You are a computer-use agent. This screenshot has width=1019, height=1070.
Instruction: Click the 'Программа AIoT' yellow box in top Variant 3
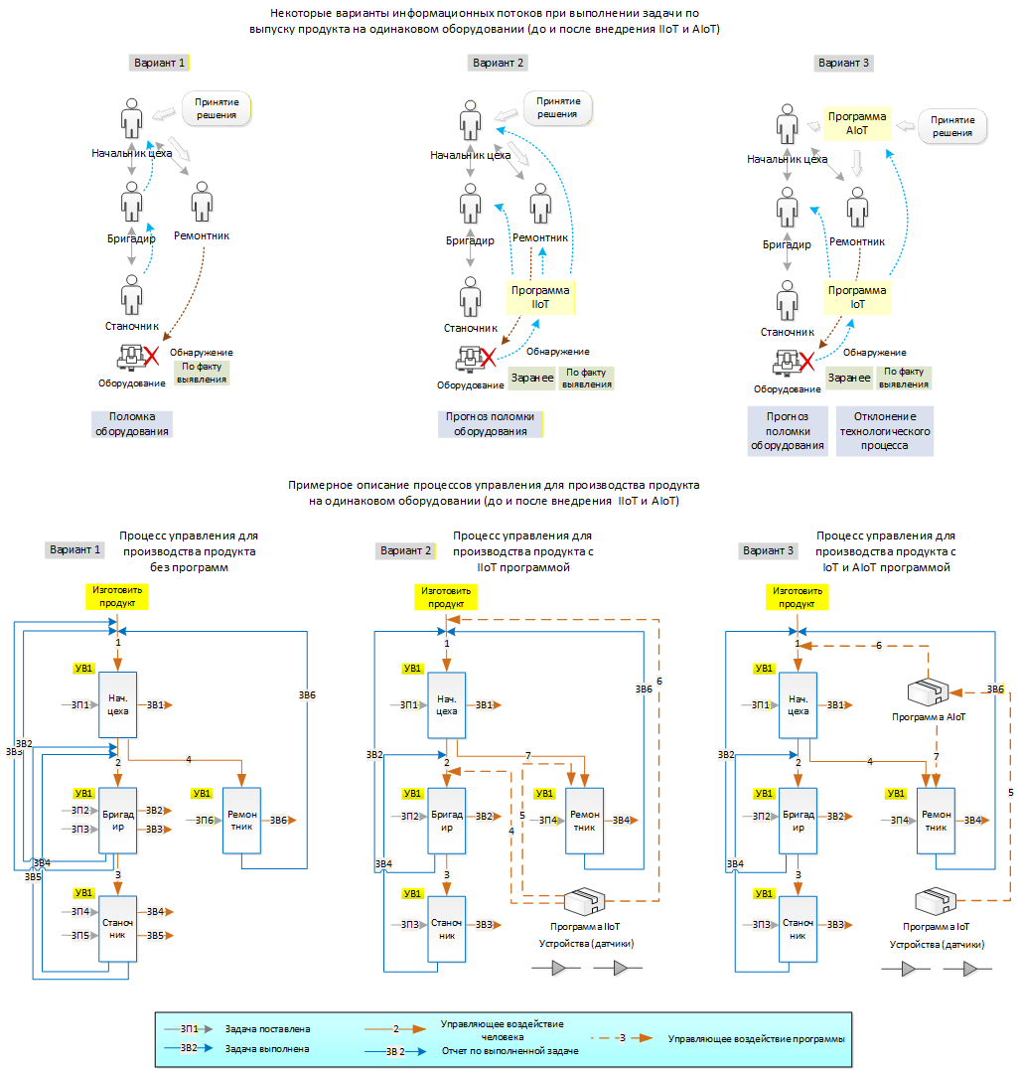tap(857, 123)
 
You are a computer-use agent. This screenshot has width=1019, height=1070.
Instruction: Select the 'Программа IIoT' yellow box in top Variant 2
tap(541, 297)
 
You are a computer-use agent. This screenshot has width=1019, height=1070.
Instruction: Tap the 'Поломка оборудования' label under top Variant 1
tap(132, 424)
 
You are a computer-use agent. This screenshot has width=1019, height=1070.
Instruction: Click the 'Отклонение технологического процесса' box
tap(885, 430)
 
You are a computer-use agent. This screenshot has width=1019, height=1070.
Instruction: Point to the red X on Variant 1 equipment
tap(151, 356)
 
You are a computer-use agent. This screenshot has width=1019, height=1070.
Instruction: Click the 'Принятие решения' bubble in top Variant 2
tap(558, 108)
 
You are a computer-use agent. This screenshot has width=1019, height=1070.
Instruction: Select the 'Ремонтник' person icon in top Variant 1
tap(202, 202)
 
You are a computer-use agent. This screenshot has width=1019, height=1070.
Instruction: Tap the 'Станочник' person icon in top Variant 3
tap(788, 300)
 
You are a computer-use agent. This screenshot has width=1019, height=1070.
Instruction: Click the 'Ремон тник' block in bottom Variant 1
tap(242, 821)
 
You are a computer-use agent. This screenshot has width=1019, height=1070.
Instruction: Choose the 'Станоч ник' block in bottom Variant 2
tap(447, 929)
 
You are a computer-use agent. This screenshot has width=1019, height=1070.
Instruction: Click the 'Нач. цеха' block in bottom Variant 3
tap(798, 705)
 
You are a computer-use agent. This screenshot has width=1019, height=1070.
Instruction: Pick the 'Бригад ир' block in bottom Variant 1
tap(118, 821)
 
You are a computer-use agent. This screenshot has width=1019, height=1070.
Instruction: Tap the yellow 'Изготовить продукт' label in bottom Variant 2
tap(446, 597)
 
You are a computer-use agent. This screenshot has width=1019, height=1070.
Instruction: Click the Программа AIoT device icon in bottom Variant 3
tap(929, 691)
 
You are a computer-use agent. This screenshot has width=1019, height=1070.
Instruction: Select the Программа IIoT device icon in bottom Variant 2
tap(585, 901)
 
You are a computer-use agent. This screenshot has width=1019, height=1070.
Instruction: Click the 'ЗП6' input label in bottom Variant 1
tap(205, 821)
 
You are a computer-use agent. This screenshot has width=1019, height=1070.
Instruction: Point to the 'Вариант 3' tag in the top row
tap(844, 63)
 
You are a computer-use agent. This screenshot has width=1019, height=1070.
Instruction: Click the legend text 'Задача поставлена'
tap(267, 1029)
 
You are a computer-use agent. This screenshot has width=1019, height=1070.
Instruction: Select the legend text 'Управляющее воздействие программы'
tap(757, 1038)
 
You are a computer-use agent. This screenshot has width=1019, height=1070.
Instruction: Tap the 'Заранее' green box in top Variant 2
tap(532, 379)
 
